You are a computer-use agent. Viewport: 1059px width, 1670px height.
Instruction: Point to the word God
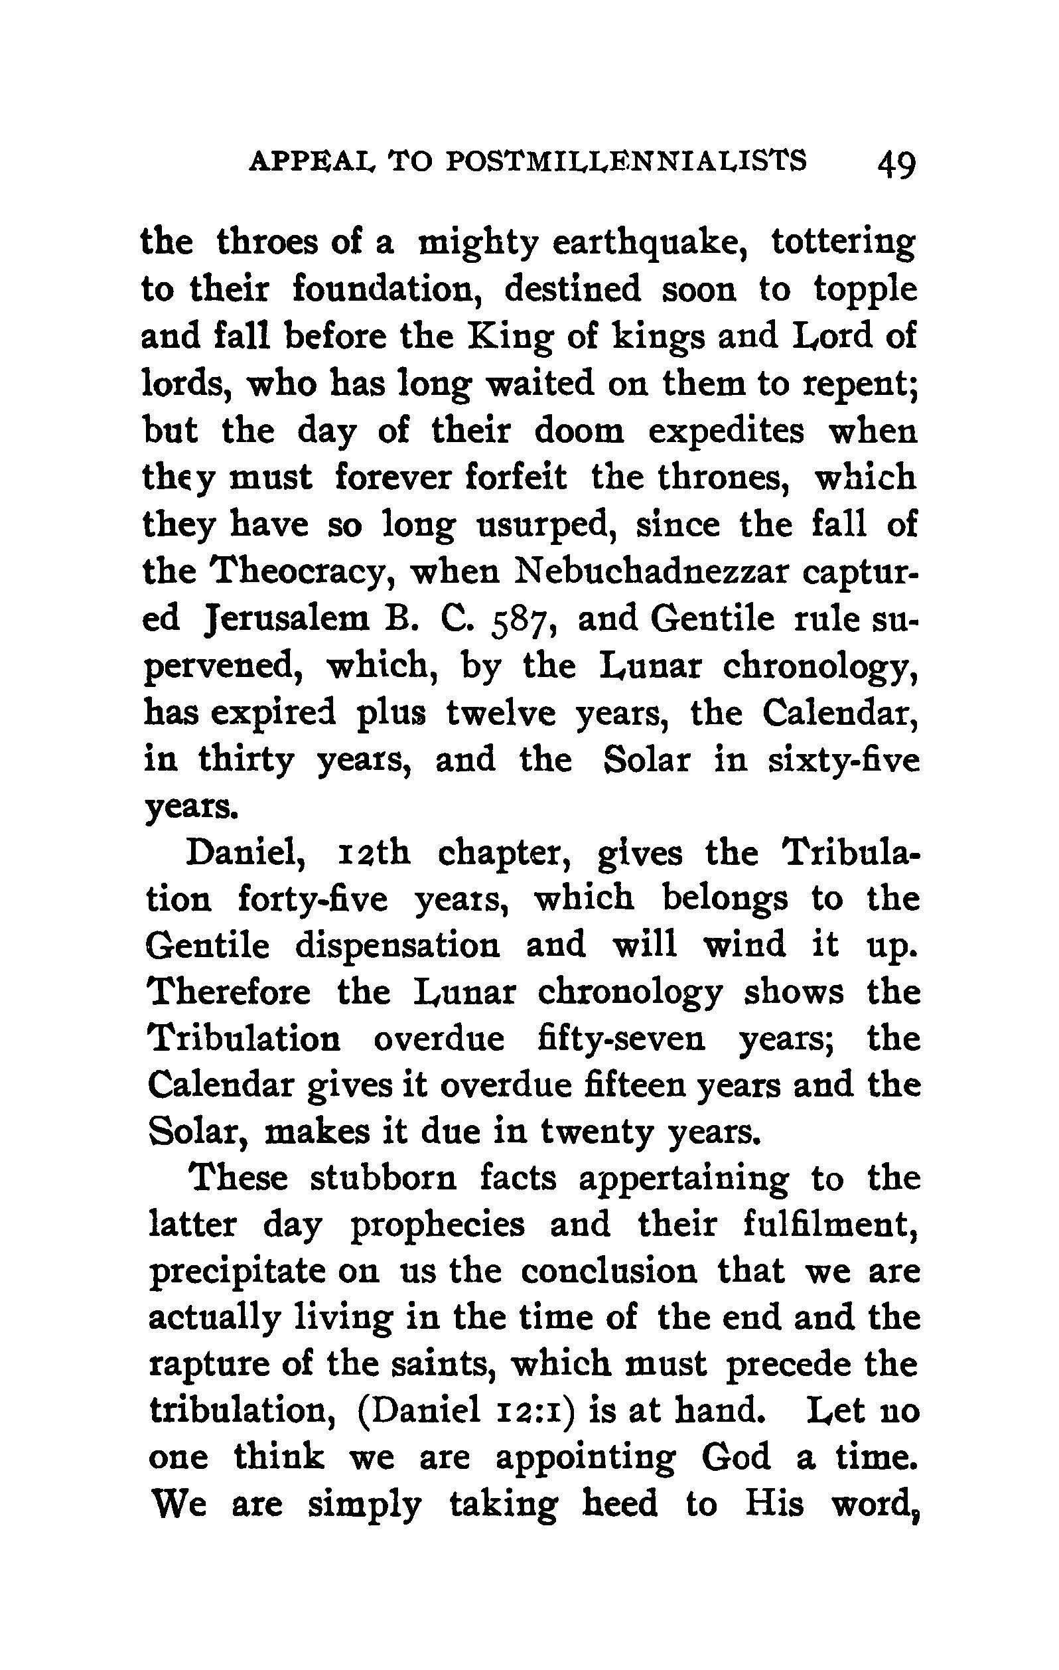[736, 1459]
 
